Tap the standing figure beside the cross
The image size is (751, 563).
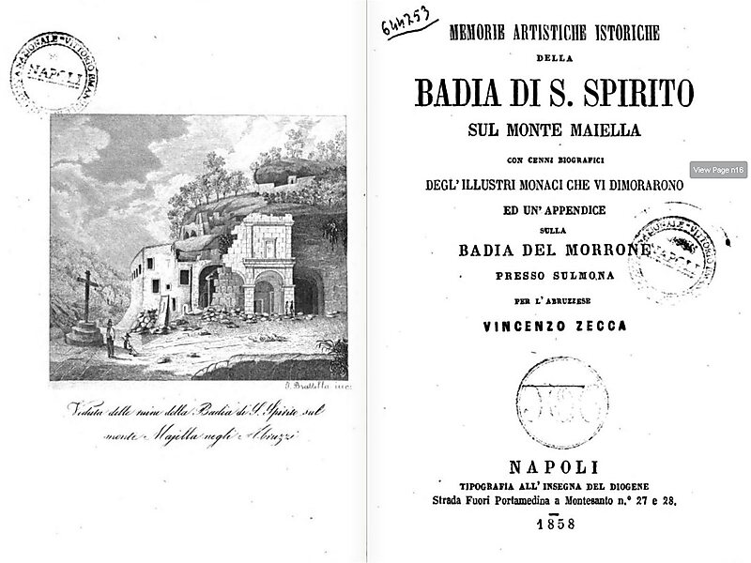point(111,342)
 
